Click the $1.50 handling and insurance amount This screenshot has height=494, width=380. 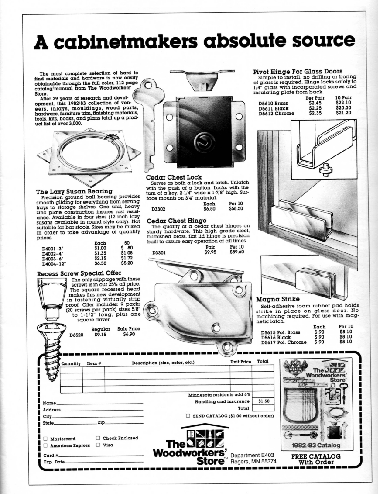pyautogui.click(x=263, y=400)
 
